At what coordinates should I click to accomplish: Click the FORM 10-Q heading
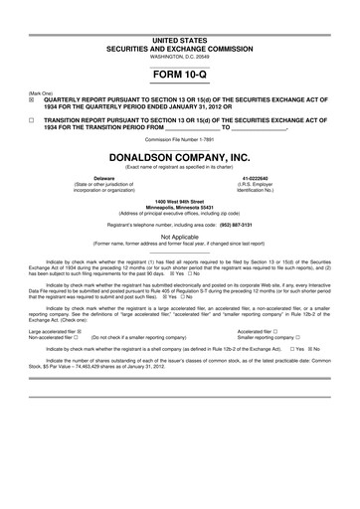point(179,75)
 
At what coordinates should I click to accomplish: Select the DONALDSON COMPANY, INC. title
point(179,157)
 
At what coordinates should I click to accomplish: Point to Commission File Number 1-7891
point(179,140)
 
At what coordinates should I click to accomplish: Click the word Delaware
point(90,178)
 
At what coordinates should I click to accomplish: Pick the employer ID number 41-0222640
point(270,178)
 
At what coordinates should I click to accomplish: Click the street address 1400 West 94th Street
point(179,201)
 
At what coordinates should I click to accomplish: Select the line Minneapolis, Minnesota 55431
point(179,207)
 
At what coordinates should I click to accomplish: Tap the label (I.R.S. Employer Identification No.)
point(270,187)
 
